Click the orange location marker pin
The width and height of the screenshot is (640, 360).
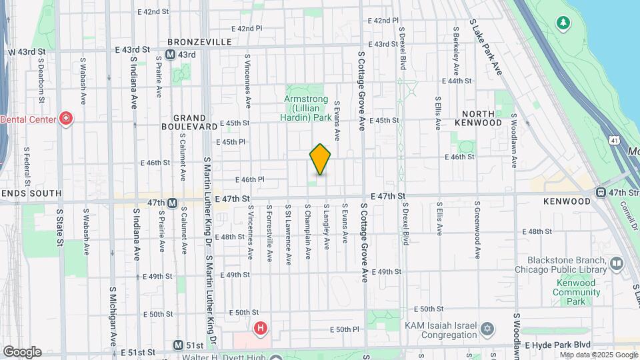pos(320,159)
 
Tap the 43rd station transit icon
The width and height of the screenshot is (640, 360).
pos(171,54)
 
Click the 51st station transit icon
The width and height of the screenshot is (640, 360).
pos(178,345)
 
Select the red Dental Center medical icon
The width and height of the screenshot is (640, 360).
pos(65,119)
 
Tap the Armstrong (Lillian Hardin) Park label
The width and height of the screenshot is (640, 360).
pos(307,108)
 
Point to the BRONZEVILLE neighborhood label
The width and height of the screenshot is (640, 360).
pos(199,41)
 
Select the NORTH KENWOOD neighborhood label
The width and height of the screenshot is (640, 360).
pos(478,118)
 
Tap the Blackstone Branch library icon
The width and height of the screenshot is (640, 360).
pos(616,264)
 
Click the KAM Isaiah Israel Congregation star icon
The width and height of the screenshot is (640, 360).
pos(488,329)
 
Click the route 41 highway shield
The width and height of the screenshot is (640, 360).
pos(613,140)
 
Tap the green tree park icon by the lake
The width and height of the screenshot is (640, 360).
pos(564,24)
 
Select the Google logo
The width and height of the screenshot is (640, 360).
pos(22,352)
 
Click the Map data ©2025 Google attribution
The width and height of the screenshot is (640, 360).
pos(597,355)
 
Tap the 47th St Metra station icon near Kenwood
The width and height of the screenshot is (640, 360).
pos(601,193)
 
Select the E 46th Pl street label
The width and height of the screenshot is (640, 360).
pos(250,179)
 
